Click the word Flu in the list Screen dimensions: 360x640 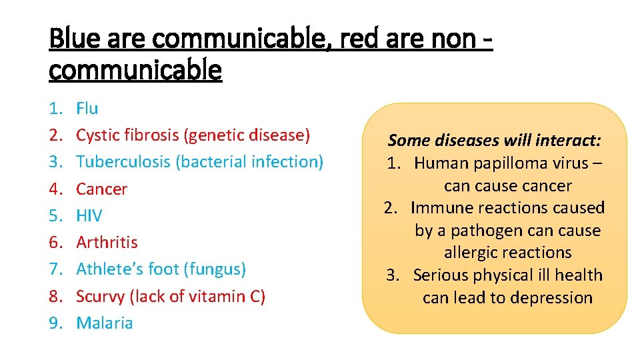click(x=87, y=108)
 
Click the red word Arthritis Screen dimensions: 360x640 click(x=107, y=242)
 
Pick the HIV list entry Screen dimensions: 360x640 click(x=89, y=215)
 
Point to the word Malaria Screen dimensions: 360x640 click(x=105, y=323)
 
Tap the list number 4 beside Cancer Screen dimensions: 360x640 click(x=55, y=189)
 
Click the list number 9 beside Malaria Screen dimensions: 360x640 click(x=55, y=323)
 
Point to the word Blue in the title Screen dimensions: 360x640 click(x=71, y=39)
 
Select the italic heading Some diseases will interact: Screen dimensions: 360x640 click(x=495, y=140)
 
